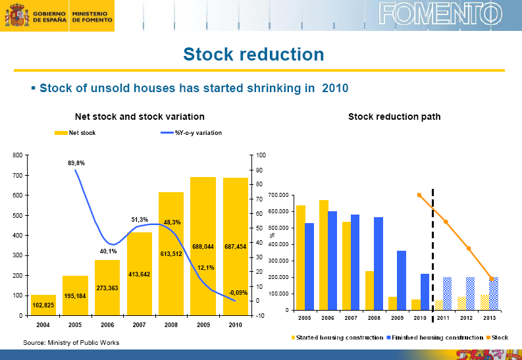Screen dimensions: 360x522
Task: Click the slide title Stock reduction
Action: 253,54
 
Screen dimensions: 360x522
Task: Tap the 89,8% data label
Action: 76,163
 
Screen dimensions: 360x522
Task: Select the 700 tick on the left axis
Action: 17,175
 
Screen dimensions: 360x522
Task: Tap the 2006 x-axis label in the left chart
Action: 107,324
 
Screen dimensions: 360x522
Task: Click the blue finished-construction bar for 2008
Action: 378,263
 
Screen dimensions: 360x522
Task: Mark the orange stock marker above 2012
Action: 469,248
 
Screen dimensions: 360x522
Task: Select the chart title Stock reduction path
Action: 394,116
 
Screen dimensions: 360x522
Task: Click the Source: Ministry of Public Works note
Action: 71,342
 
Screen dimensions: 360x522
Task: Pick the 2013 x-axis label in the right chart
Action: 489,318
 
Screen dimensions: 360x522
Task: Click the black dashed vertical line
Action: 432,250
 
